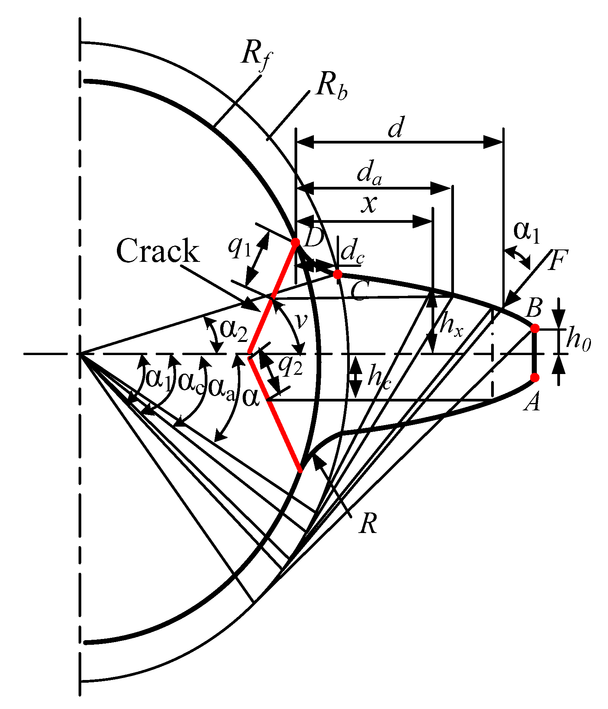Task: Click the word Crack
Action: coord(158,251)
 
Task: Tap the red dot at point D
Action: coord(295,243)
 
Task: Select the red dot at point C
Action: coord(337,274)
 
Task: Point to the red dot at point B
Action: coord(534,328)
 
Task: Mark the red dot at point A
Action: coord(534,377)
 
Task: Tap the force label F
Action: coord(558,260)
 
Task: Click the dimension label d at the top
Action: coord(396,128)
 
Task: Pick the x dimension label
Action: coord(369,204)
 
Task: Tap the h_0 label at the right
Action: coord(579,340)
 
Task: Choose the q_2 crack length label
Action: coord(290,365)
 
